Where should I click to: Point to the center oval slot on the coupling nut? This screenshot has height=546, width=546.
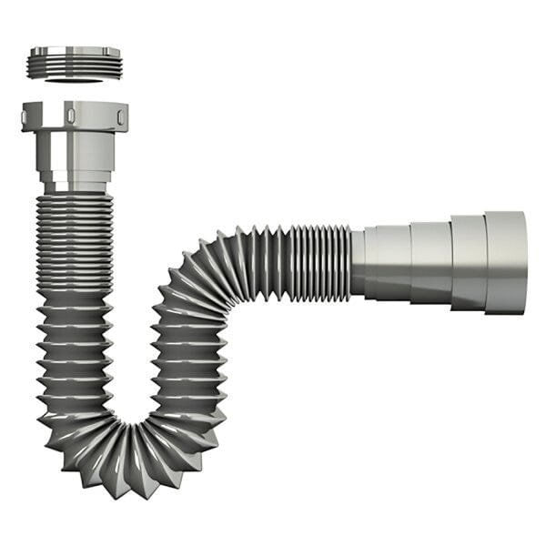(x=69, y=115)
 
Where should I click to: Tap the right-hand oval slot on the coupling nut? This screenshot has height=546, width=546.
(x=120, y=115)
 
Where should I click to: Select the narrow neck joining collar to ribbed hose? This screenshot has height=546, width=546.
(x=75, y=187)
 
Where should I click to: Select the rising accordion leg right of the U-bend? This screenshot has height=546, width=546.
(x=187, y=364)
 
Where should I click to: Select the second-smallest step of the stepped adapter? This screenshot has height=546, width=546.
(x=430, y=262)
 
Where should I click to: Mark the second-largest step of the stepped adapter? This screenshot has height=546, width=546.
(x=468, y=262)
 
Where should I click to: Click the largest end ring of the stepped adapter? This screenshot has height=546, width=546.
(x=505, y=262)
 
